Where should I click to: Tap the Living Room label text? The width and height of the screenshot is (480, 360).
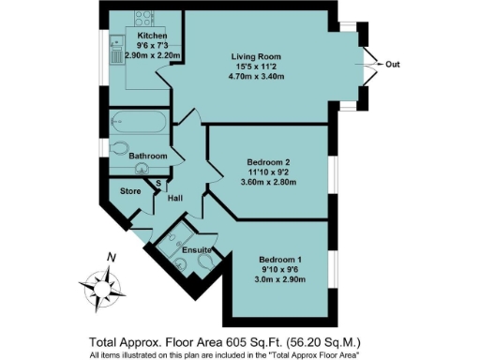[258, 57]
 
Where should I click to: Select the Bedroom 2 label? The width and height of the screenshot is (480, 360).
[269, 162]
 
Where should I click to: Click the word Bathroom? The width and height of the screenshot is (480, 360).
[148, 156]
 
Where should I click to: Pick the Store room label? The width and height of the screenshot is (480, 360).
[129, 191]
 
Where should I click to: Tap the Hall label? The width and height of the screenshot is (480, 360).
[174, 198]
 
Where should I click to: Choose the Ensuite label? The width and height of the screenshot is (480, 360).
[196, 249]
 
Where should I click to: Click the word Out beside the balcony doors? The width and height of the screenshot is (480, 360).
[394, 65]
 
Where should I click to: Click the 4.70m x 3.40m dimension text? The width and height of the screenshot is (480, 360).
[258, 78]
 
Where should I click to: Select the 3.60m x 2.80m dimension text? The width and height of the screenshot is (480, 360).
[269, 183]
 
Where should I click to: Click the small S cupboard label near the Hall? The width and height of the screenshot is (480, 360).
[158, 183]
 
